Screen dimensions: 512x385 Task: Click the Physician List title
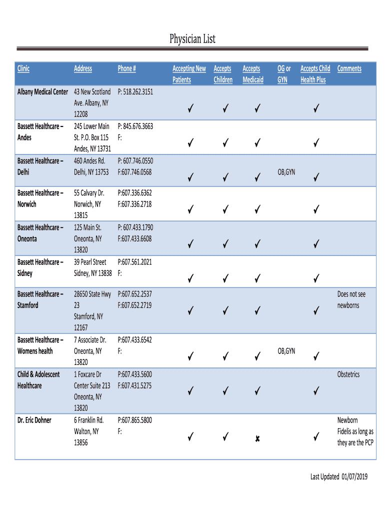192,39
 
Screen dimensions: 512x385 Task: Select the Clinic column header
23,68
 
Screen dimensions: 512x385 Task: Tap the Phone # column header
127,68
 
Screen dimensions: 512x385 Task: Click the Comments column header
349,68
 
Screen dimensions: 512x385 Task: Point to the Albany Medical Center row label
42,92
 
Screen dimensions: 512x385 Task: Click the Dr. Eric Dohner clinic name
34,420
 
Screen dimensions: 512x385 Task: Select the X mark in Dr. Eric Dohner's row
257,438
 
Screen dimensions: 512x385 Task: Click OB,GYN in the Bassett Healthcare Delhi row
286,172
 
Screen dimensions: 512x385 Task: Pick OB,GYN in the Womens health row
286,351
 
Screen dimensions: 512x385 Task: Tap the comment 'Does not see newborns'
351,300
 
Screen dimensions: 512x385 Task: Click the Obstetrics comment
348,374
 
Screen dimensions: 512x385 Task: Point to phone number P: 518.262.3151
135,92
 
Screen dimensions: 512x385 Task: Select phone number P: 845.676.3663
135,126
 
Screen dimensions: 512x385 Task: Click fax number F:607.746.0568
134,172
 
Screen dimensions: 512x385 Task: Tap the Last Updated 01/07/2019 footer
338,477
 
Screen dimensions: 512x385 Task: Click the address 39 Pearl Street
90,262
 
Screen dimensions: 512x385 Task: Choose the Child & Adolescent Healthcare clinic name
38,380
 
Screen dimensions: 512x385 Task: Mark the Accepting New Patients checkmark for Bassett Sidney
190,278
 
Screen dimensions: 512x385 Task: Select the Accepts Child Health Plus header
315,74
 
